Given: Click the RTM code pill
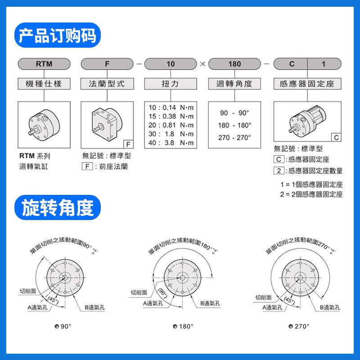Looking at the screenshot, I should tap(44, 64).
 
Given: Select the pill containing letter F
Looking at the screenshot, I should tap(107, 64).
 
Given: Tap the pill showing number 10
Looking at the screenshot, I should tap(171, 64).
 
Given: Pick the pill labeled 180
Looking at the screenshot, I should tap(234, 64).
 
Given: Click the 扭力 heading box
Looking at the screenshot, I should tap(171, 84).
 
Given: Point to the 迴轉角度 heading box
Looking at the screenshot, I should tap(234, 84).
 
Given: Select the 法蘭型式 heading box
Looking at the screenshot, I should tap(107, 84).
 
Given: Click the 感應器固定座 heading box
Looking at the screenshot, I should tap(307, 84).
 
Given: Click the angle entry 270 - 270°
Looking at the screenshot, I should tap(234, 138).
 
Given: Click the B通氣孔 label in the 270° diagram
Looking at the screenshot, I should tap(329, 307).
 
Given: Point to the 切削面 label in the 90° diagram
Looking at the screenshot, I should tap(28, 291).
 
